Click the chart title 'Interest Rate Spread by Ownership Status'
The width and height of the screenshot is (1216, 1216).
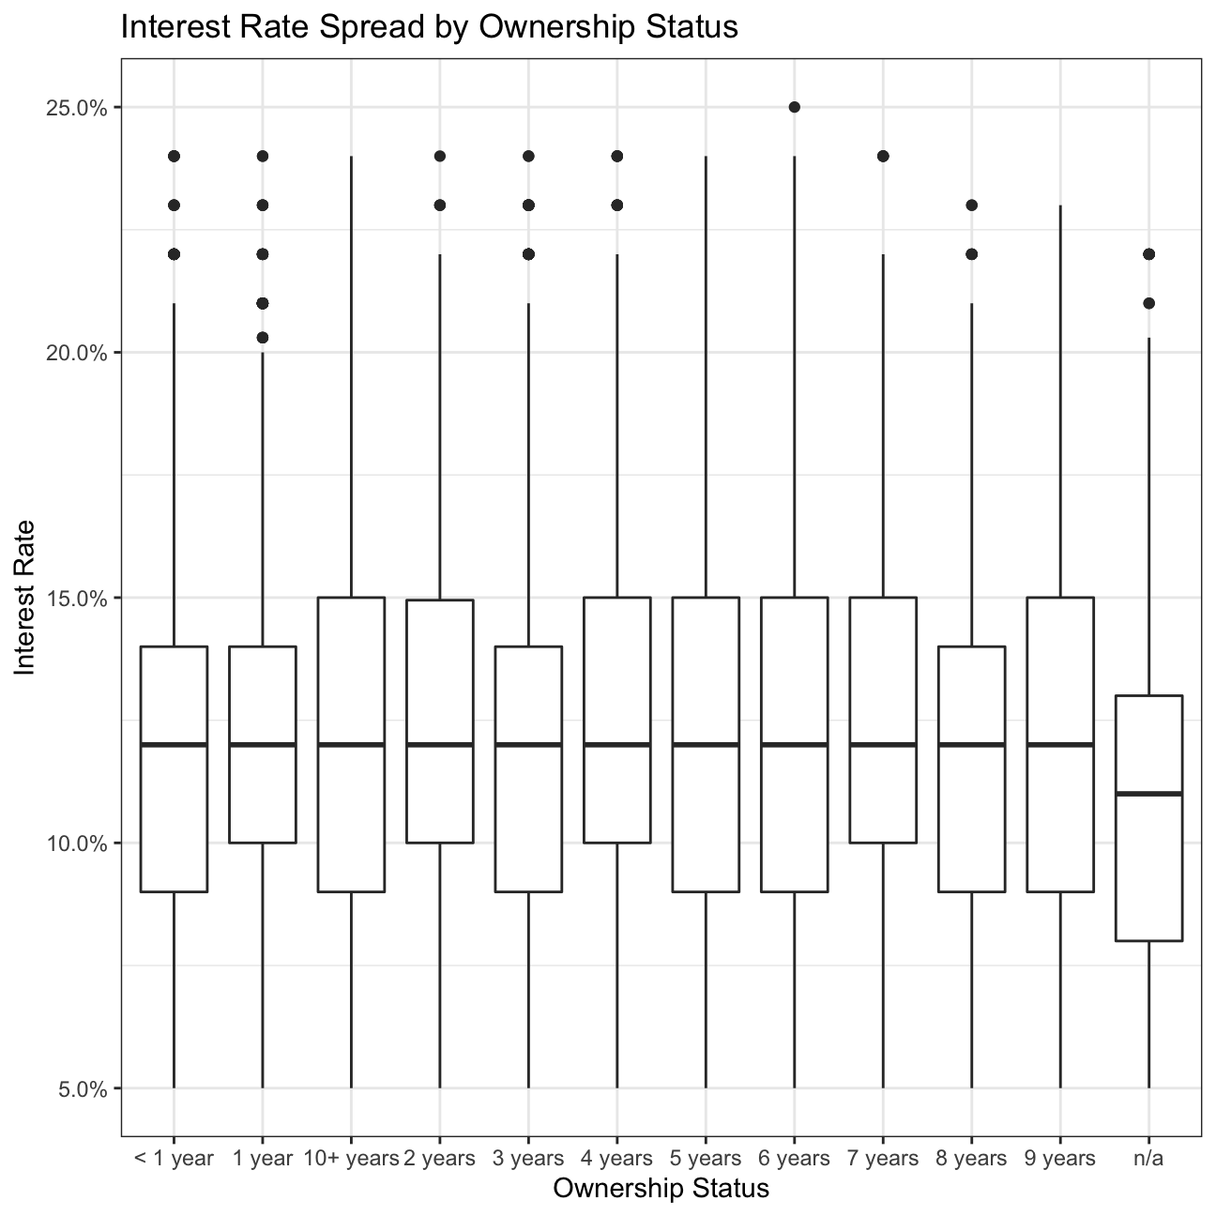coord(430,28)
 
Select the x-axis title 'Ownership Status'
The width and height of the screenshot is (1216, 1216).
coord(661,1189)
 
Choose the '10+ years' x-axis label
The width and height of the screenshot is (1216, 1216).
coord(351,1159)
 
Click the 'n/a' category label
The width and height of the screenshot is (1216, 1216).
coord(1148,1159)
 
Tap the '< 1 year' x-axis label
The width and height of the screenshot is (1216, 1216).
coord(174,1159)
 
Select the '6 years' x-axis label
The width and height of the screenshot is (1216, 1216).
coord(794,1159)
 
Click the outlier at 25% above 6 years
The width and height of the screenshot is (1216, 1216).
coord(794,107)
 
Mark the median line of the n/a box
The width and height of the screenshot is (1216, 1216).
coord(1148,794)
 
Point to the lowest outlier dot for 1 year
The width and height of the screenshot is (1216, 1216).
coord(263,338)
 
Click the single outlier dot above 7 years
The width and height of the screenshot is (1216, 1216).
coord(883,156)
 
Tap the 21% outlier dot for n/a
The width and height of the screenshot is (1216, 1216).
coord(1148,303)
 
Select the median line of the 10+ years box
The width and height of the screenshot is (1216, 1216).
coord(351,744)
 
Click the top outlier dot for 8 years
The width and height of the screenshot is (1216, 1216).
coord(972,205)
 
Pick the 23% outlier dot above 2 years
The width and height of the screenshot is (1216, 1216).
coord(439,205)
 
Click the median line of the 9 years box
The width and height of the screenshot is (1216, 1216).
coord(1060,744)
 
